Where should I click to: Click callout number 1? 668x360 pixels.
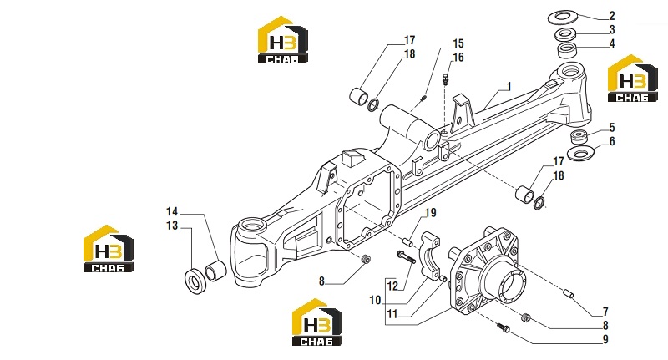pos(509,87)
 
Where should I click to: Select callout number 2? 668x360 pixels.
pos(612,16)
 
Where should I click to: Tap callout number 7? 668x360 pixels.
pos(605,312)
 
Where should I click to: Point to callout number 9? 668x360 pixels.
pos(605,340)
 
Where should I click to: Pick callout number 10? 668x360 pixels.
pos(375,301)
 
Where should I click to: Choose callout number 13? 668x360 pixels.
pos(172,226)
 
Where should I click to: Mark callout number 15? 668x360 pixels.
pos(458,43)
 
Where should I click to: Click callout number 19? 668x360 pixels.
pos(431,213)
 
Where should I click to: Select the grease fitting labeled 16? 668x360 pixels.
pos(445,79)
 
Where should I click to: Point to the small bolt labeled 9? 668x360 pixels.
pos(503,327)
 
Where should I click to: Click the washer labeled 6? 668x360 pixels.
pos(581,153)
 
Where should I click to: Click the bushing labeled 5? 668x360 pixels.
pos(579,138)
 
